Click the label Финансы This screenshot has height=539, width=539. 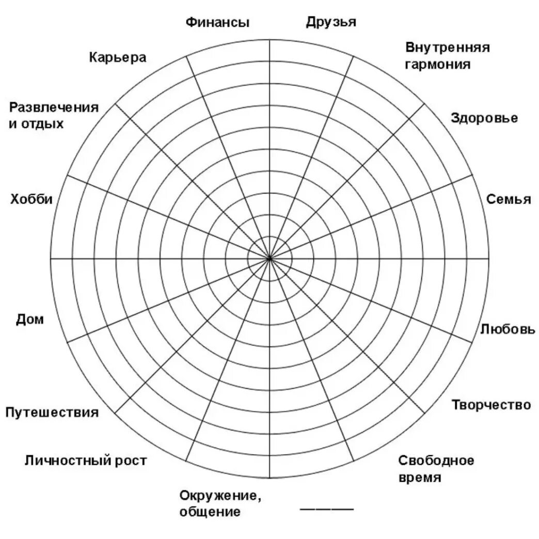coord(217,23)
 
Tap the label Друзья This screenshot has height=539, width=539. coord(331,22)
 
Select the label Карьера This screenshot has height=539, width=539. coord(118,57)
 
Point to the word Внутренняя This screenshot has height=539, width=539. coord(447,48)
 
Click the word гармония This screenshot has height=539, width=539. coord(438,65)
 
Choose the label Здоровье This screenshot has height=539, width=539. coord(484,118)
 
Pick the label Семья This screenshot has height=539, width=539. coord(509,199)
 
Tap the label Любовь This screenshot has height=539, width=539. coord(508,329)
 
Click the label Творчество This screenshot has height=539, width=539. coord(491,405)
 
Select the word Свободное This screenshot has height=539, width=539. coord(436,461)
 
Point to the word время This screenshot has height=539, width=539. coord(420,478)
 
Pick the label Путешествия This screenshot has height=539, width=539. coord(52,413)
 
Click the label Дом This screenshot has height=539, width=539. coord(30,320)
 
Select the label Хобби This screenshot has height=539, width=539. coord(31,200)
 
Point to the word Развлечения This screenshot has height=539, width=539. coord(54,107)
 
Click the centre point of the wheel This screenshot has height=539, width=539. coord(269,258)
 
